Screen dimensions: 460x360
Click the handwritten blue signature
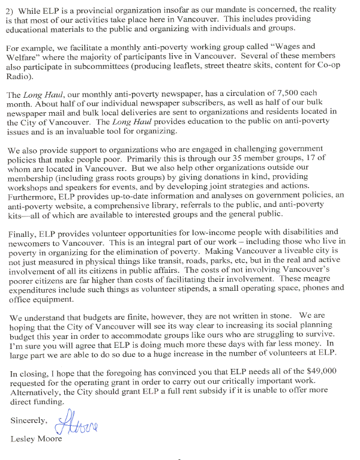78,425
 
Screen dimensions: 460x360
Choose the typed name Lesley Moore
36,440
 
